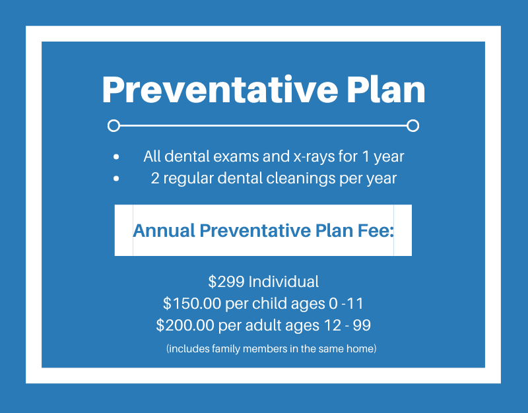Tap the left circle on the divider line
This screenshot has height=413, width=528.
(x=114, y=125)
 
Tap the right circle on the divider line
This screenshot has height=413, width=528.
(x=413, y=125)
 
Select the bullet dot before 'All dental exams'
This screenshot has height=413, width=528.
(x=116, y=158)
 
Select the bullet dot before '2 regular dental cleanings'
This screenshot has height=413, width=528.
(x=116, y=179)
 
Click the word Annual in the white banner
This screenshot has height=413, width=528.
(x=164, y=231)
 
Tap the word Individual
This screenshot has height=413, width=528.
(x=283, y=282)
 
